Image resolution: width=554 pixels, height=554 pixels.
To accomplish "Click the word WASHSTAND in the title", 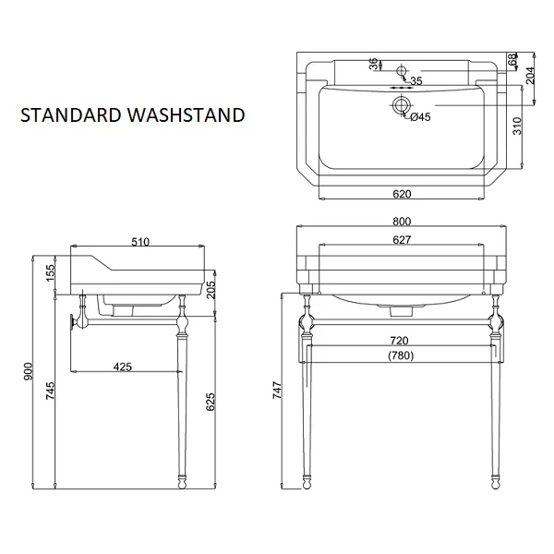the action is pyautogui.click(x=187, y=115).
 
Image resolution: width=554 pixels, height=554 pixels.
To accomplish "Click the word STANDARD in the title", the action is pyautogui.click(x=71, y=115).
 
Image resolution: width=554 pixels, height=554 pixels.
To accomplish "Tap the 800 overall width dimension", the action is pyautogui.click(x=402, y=222).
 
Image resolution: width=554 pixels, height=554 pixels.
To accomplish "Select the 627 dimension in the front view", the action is pyautogui.click(x=402, y=240).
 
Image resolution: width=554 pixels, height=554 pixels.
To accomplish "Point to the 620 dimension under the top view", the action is pyautogui.click(x=402, y=194).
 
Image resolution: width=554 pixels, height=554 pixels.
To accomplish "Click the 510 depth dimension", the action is pyautogui.click(x=140, y=242).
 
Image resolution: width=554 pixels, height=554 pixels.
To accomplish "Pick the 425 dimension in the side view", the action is pyautogui.click(x=122, y=367).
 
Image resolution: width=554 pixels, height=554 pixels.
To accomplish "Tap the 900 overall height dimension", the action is pyautogui.click(x=29, y=371).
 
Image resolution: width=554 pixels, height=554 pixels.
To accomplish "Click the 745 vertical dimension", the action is pyautogui.click(x=51, y=391).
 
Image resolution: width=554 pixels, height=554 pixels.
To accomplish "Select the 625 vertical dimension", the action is pyautogui.click(x=211, y=402).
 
